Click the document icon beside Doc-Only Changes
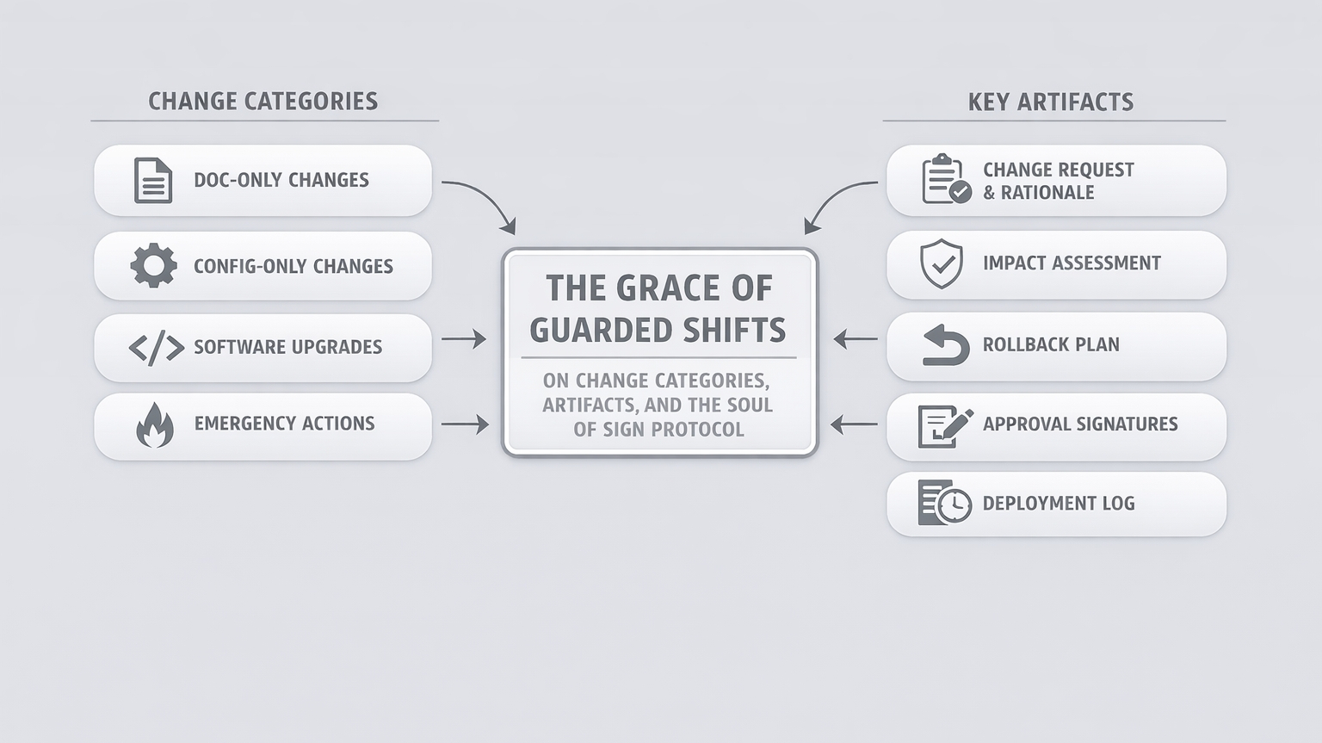pyautogui.click(x=153, y=180)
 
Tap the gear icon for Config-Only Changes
pyautogui.click(x=153, y=265)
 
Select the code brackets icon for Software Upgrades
pyautogui.click(x=156, y=348)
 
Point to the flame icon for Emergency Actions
pyautogui.click(x=155, y=425)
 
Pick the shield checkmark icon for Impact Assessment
pyautogui.click(x=942, y=263)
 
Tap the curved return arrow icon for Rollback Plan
pyautogui.click(x=945, y=345)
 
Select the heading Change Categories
pyautogui.click(x=263, y=102)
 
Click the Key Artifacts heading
pyautogui.click(x=1050, y=102)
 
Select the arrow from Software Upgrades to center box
pyautogui.click(x=464, y=339)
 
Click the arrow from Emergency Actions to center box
pyautogui.click(x=465, y=424)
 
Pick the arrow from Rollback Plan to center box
pyautogui.click(x=856, y=339)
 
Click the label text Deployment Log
pyautogui.click(x=1058, y=504)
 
